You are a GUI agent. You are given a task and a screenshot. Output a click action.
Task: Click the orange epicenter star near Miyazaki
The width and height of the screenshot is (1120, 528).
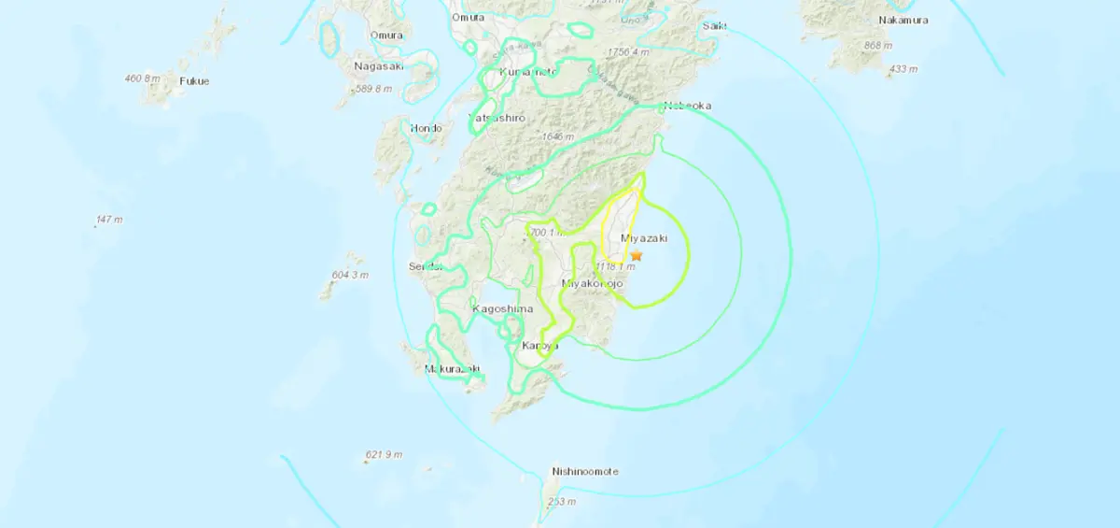coord(637,255)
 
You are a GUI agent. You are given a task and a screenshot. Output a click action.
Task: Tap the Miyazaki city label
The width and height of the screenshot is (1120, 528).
coord(644,239)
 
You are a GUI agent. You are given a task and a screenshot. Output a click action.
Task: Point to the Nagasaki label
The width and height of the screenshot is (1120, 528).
coord(378,65)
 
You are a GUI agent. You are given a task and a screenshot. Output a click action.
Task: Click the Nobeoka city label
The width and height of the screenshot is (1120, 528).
coord(687,106)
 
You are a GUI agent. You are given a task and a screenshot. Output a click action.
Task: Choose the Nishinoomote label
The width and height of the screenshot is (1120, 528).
coord(585,472)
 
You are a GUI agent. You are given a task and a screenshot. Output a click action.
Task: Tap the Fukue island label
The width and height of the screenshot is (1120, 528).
coord(194,81)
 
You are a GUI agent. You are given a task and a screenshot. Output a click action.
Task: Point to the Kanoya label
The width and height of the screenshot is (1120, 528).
coord(539,347)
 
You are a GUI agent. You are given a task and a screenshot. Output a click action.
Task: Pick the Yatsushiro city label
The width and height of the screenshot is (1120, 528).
coord(497,119)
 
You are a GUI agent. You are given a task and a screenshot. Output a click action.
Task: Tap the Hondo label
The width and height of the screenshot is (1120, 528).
coord(425,128)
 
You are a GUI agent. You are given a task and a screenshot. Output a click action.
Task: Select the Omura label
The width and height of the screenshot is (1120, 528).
coord(386,36)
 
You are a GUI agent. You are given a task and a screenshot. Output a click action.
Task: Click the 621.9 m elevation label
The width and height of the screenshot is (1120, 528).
coord(384,455)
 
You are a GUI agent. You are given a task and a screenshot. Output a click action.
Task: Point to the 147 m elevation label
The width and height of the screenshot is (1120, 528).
coord(109,220)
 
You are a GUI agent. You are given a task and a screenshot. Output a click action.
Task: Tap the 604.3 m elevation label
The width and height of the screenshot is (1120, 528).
coord(352,275)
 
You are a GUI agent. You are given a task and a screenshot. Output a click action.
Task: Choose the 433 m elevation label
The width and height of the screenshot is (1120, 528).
coord(903,69)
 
